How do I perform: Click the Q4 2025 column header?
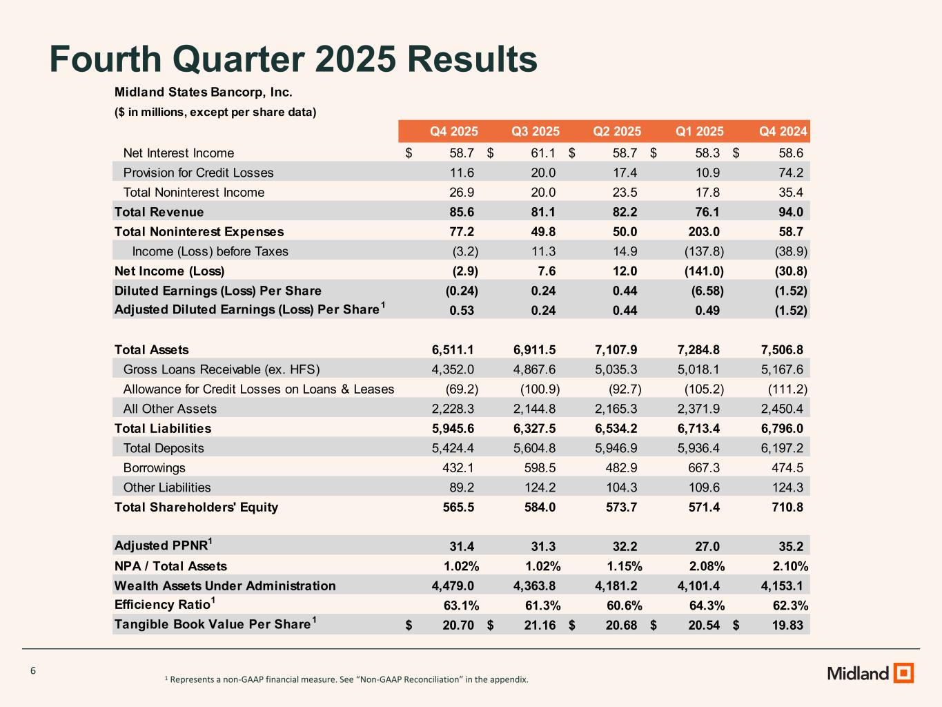click(x=453, y=131)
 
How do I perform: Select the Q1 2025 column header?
click(x=699, y=131)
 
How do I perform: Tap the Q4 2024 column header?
click(x=783, y=131)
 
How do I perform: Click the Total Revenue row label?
click(x=159, y=212)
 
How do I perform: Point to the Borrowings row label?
click(x=155, y=467)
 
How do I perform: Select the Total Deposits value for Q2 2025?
click(x=616, y=448)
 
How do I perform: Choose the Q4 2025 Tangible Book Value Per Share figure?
click(x=458, y=625)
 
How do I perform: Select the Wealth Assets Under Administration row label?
click(x=225, y=585)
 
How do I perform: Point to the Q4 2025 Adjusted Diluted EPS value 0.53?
click(x=462, y=310)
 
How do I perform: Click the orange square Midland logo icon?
click(x=903, y=672)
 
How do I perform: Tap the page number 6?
click(x=33, y=671)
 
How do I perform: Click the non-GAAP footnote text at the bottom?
click(x=346, y=679)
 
